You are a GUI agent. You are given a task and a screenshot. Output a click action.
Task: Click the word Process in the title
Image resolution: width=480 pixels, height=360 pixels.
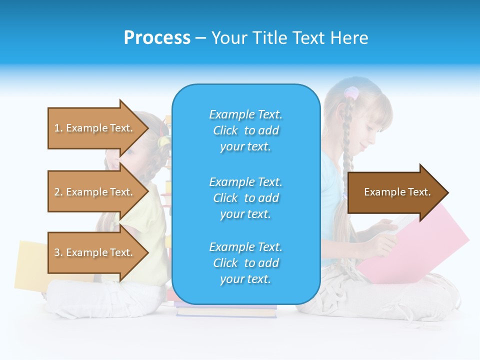pyautogui.click(x=157, y=38)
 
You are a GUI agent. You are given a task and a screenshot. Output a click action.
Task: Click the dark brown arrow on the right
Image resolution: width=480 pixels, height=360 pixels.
pyautogui.click(x=395, y=192)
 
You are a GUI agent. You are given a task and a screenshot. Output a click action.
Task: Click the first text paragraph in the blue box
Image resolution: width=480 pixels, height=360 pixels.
pyautogui.click(x=245, y=130)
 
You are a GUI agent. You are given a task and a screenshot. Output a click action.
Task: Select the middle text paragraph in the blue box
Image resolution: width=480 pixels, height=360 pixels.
pyautogui.click(x=245, y=198)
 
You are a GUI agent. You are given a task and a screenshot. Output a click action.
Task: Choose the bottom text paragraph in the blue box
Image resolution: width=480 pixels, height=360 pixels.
pyautogui.click(x=245, y=263)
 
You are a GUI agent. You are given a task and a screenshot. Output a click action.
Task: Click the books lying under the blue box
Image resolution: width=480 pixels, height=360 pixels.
pyautogui.click(x=226, y=310)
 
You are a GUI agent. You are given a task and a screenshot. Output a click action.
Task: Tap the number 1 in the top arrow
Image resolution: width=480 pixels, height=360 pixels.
pyautogui.click(x=57, y=128)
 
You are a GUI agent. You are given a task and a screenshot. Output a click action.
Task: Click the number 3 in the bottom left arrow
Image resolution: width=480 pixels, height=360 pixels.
pyautogui.click(x=57, y=252)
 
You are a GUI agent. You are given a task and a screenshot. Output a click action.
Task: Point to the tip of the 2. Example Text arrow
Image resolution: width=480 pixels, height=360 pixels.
pyautogui.click(x=147, y=192)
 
